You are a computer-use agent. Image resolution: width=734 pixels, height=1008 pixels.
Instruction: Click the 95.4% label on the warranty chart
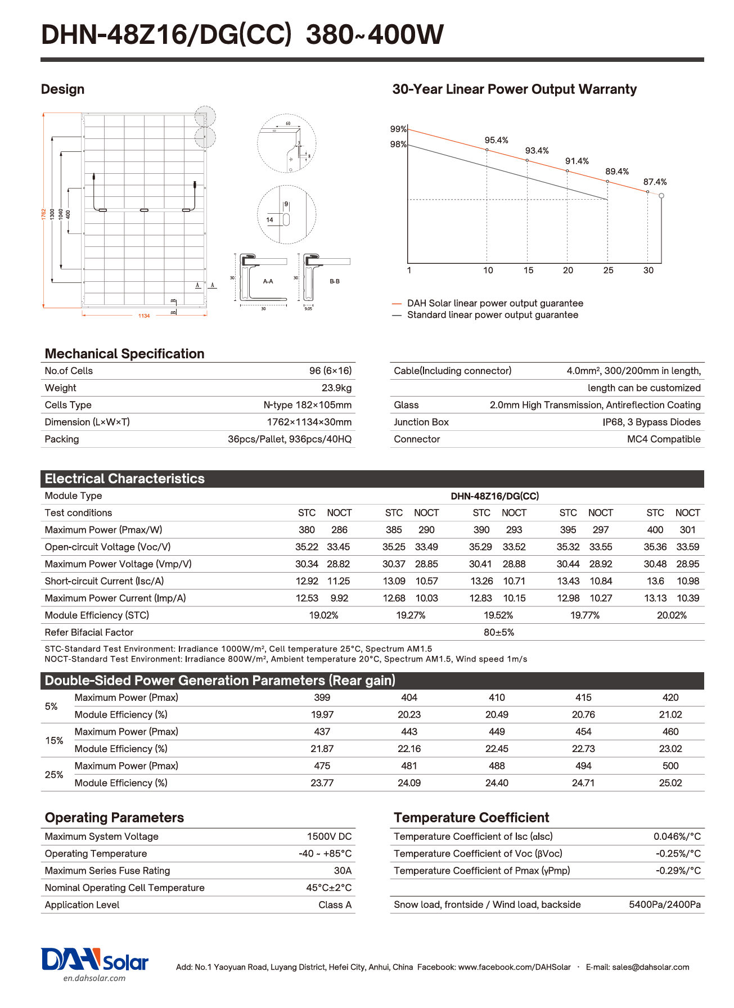(496, 140)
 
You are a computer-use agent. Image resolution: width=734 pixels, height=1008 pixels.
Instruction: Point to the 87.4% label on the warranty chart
(655, 182)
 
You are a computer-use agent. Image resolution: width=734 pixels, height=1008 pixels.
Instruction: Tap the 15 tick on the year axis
(528, 271)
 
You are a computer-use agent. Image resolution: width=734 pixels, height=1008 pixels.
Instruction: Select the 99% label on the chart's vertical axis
(398, 129)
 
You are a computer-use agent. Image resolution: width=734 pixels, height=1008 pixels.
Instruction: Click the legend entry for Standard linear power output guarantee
(492, 315)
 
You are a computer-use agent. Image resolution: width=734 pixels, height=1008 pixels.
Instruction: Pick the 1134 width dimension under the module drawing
(144, 316)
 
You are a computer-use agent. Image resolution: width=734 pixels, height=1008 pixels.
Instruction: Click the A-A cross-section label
(268, 281)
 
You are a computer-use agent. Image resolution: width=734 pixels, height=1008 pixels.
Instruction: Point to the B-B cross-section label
(335, 281)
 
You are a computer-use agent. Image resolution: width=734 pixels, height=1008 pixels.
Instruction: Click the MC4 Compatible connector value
(664, 439)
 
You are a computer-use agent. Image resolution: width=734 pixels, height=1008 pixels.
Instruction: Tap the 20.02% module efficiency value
(672, 615)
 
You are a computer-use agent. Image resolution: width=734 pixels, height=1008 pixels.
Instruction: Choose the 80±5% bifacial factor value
(498, 632)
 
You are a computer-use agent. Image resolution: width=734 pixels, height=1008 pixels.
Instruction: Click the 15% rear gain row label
(54, 740)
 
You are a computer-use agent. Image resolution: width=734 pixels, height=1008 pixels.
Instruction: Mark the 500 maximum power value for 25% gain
(670, 766)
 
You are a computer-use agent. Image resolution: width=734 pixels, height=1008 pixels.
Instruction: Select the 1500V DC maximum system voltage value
(329, 836)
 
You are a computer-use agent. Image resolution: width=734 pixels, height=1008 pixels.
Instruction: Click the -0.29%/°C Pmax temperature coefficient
(678, 871)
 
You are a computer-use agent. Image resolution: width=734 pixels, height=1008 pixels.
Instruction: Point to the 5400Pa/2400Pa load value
(665, 904)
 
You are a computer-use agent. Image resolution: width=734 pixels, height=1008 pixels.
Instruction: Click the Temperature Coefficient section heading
(471, 817)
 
